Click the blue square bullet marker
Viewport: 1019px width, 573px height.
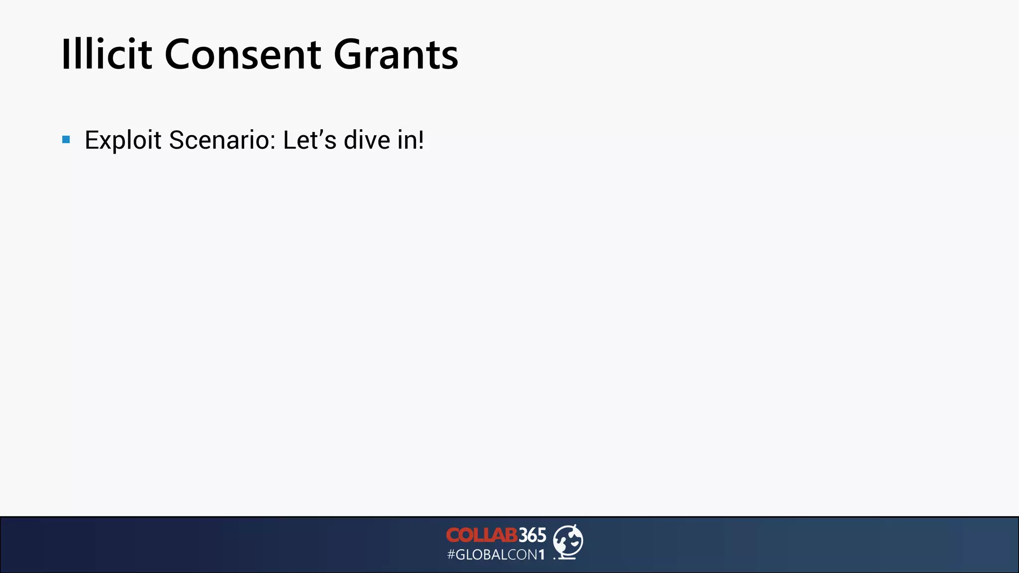pos(66,139)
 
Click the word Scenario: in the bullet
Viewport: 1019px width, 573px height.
pos(222,140)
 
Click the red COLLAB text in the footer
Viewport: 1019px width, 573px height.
pos(481,535)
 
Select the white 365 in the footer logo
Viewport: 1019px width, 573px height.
pos(532,535)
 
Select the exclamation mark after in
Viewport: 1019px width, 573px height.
pos(421,140)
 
